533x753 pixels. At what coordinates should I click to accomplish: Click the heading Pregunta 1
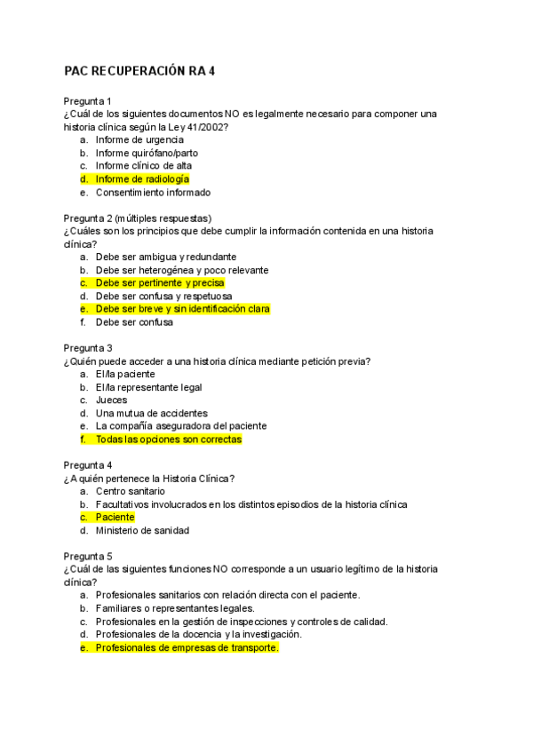tap(88, 100)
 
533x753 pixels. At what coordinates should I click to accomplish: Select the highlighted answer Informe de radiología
tap(142, 178)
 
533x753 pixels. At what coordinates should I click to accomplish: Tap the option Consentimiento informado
tap(153, 192)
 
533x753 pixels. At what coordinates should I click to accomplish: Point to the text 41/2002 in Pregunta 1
tap(206, 126)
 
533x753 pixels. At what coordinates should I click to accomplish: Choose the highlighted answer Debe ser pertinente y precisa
tap(160, 282)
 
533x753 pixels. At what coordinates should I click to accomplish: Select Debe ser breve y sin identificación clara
tap(182, 309)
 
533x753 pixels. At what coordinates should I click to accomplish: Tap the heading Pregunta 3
tap(88, 348)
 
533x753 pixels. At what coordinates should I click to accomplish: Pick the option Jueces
tap(112, 400)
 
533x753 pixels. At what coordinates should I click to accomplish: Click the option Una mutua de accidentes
tap(152, 413)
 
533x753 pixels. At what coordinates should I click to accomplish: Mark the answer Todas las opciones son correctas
tap(168, 439)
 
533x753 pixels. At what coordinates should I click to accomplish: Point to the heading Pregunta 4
tap(88, 465)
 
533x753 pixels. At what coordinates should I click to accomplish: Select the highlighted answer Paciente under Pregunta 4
tap(115, 517)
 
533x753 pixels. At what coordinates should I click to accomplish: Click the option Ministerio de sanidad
tap(142, 530)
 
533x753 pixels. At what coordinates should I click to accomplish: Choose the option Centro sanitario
tap(131, 491)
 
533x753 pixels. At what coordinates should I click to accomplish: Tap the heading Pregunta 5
tap(88, 556)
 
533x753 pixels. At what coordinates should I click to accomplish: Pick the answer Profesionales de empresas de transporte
tap(187, 647)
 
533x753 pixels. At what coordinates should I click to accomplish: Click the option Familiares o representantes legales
tap(175, 608)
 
